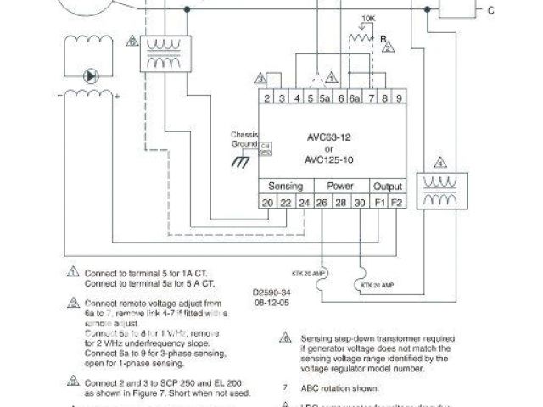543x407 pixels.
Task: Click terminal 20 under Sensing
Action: click(x=267, y=203)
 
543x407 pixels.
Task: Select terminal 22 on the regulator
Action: click(x=284, y=203)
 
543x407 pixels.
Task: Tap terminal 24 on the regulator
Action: click(x=303, y=203)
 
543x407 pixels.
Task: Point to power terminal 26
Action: click(x=322, y=203)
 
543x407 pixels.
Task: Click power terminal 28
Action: click(x=340, y=203)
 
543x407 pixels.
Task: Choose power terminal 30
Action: click(x=360, y=203)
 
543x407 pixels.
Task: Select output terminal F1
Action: click(x=379, y=203)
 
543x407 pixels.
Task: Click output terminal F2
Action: click(x=396, y=203)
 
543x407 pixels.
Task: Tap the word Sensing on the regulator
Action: click(x=286, y=186)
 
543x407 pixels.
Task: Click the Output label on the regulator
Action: click(x=388, y=186)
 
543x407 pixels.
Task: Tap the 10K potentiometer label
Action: click(x=368, y=18)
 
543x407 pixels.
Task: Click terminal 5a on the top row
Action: click(x=325, y=99)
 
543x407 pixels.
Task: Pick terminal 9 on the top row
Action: click(x=398, y=99)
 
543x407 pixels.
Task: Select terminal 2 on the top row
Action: click(x=267, y=99)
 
